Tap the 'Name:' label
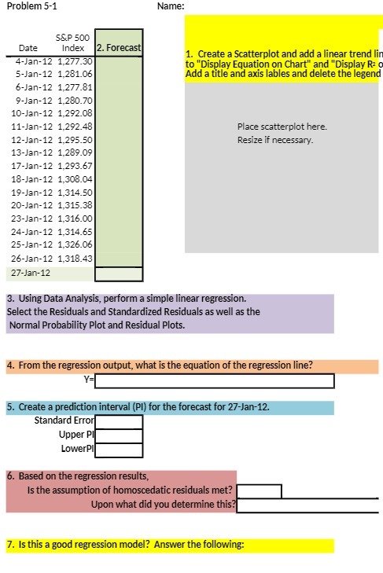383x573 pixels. (x=171, y=6)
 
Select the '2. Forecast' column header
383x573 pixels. (x=120, y=48)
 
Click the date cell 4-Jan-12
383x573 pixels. (x=34, y=60)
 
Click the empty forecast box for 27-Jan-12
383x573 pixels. (x=120, y=274)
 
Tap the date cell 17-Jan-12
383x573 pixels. (x=34, y=166)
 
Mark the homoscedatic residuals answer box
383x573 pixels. (x=259, y=491)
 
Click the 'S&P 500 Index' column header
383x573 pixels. (x=72, y=42)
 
